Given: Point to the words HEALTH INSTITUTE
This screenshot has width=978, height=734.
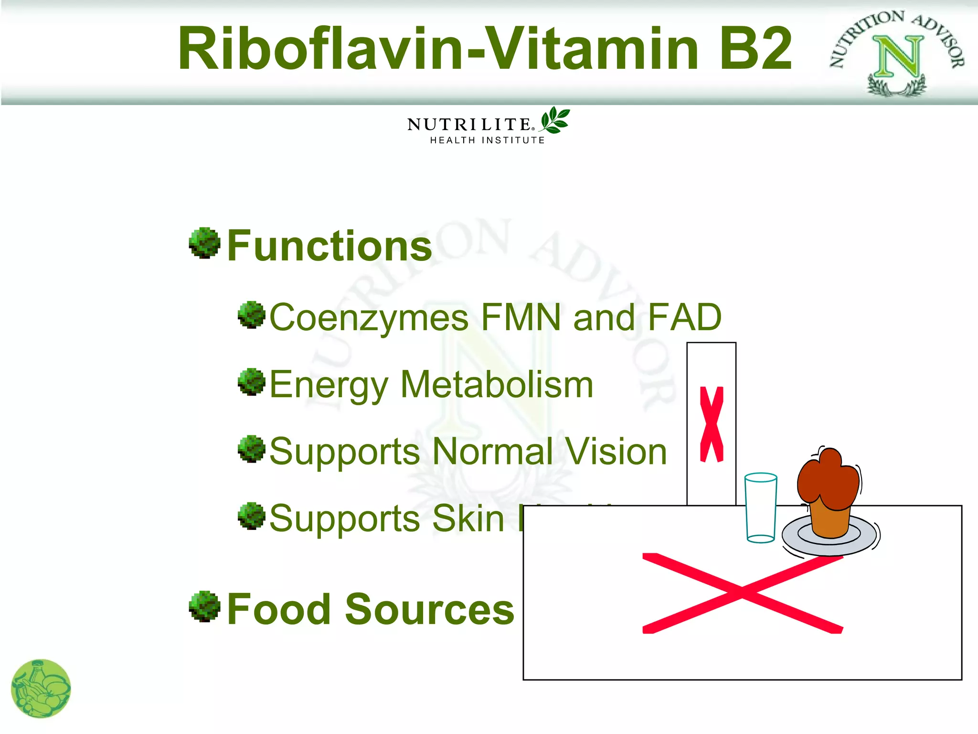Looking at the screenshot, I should (487, 140).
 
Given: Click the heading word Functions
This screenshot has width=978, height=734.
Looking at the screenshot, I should (330, 246).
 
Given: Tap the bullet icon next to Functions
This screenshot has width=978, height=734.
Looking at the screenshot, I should (204, 243).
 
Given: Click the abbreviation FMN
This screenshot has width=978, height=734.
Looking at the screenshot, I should (521, 317).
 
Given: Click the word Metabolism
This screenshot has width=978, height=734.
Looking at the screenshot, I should (497, 384).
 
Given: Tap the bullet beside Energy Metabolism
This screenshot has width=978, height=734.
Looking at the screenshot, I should (251, 381).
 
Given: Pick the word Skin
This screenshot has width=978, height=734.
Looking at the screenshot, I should (468, 518).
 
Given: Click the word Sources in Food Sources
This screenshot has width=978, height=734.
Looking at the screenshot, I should (429, 609).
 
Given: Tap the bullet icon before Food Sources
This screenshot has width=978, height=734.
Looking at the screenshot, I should (204, 606).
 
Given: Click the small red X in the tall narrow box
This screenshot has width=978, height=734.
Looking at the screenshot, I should (712, 424).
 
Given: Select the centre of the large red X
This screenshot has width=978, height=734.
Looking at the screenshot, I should (742, 593).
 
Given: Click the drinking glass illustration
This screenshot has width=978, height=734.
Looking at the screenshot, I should (761, 507).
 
